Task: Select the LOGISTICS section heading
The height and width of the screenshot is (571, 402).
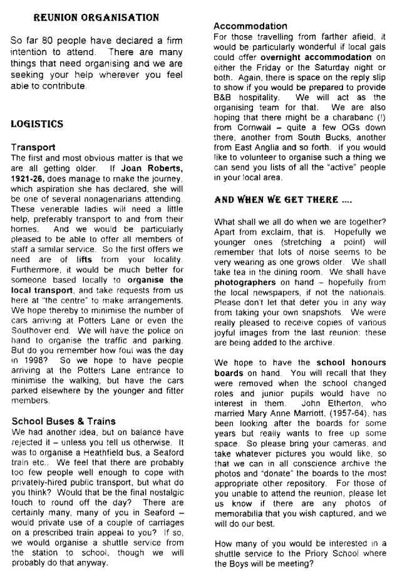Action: point(37,124)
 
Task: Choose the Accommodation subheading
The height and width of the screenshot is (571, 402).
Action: point(250,26)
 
